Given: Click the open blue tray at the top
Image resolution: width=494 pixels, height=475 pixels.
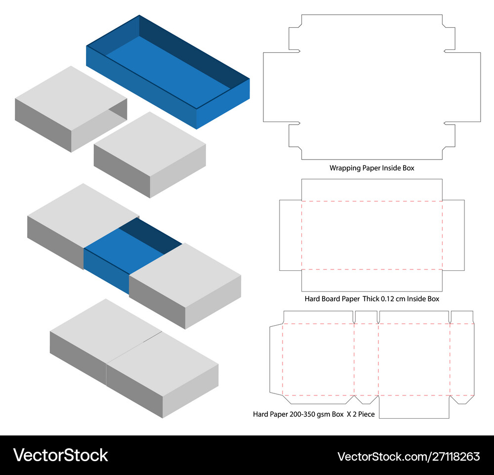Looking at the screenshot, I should point(168,72).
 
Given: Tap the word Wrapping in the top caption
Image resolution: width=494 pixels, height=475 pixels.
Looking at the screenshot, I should point(344,168).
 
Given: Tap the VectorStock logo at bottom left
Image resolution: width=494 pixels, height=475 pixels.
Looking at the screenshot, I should point(60,455).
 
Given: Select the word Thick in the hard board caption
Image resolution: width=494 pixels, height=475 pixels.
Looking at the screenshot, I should point(371,299).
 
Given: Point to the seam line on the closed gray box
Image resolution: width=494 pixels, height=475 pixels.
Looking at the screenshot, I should point(133,351).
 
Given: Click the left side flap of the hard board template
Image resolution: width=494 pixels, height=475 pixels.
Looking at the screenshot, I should point(290,235).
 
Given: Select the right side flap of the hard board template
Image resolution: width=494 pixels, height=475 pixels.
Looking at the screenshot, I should point(453,235).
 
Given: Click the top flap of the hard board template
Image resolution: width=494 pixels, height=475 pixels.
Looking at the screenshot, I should point(371,190).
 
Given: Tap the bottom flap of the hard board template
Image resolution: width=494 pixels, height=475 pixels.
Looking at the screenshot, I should point(371,280).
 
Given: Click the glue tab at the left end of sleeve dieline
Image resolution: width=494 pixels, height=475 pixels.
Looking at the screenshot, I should point(275,359).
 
